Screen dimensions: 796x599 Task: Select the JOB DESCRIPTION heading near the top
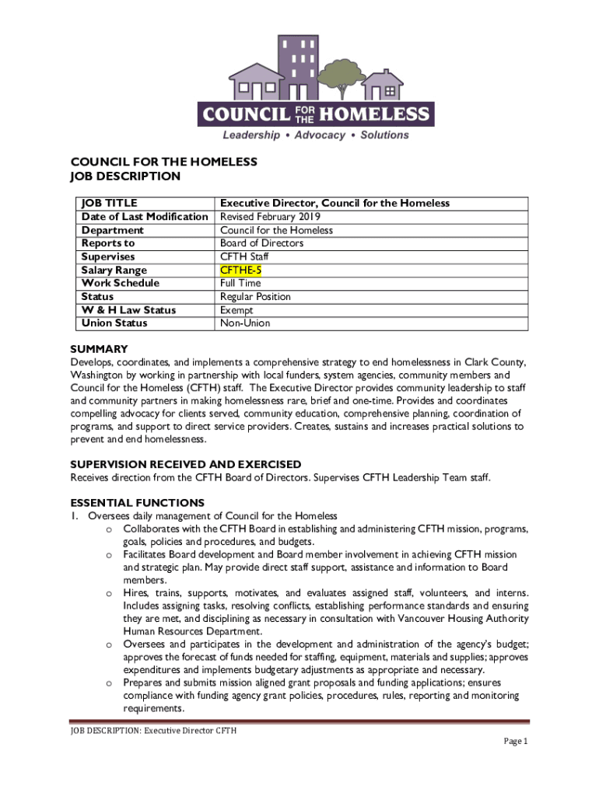click(125, 176)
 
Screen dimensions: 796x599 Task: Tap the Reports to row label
click(108, 243)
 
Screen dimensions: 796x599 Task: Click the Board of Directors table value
click(261, 243)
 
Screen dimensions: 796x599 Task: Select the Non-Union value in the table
click(245, 323)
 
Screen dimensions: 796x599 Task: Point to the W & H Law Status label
click(128, 309)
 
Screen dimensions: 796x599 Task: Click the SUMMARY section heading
click(99, 349)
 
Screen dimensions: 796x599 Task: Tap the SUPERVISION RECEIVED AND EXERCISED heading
click(186, 464)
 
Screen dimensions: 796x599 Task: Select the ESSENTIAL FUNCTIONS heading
click(137, 502)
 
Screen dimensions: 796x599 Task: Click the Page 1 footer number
click(516, 742)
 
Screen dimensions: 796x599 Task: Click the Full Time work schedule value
click(240, 283)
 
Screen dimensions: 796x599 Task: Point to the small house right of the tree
click(384, 84)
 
